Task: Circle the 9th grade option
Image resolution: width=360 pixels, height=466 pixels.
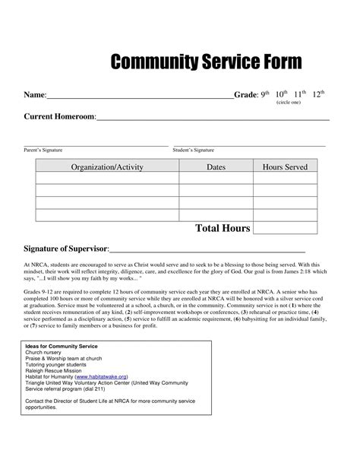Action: click(x=266, y=94)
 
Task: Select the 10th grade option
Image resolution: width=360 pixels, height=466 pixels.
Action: click(x=281, y=94)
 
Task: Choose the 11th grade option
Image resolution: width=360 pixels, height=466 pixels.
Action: click(x=300, y=94)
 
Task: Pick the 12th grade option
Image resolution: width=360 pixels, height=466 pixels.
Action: click(x=319, y=94)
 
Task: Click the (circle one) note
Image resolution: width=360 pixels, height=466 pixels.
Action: click(x=289, y=103)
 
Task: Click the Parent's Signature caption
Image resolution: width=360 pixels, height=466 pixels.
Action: click(x=43, y=151)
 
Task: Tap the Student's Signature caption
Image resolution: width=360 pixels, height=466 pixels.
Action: click(x=194, y=151)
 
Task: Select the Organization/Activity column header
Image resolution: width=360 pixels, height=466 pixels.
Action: click(x=106, y=166)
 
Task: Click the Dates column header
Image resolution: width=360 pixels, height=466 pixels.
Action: click(x=216, y=166)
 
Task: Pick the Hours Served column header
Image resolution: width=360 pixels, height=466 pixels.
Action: click(x=285, y=166)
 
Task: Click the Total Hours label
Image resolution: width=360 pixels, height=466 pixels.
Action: click(x=223, y=228)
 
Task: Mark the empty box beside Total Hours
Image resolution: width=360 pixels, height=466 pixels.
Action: click(x=284, y=228)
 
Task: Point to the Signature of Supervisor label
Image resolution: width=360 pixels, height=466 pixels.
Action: click(x=66, y=249)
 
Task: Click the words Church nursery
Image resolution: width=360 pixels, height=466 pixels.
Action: click(x=46, y=353)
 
